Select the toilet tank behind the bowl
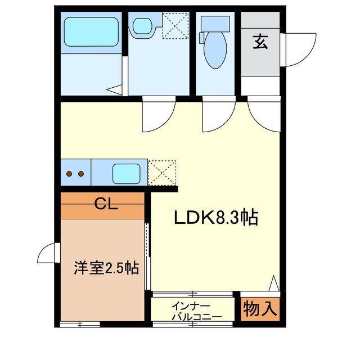(x=215, y=24)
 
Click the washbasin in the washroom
(x=142, y=26)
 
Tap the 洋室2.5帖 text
(x=106, y=268)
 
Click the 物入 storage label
(x=260, y=308)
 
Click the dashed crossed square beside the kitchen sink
(x=162, y=173)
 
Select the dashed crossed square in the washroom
(x=176, y=26)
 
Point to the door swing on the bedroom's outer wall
(x=49, y=255)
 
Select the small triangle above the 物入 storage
(x=274, y=282)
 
